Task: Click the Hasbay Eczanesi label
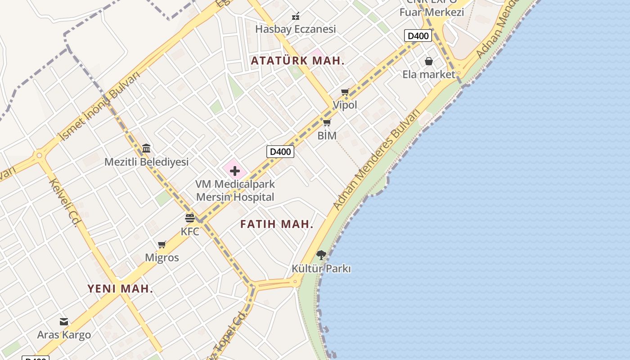click(296, 29)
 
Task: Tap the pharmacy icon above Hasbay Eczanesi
click(296, 16)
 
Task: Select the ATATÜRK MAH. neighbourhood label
click(297, 61)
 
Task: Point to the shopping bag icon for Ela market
click(429, 61)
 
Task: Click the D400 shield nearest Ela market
click(418, 36)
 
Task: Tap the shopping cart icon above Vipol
click(345, 92)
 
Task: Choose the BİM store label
click(327, 135)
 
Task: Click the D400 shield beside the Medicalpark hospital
click(280, 152)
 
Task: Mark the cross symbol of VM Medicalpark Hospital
click(234, 171)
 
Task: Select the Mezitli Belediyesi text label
click(146, 162)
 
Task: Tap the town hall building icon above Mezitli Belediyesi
click(146, 148)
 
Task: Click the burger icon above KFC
click(190, 218)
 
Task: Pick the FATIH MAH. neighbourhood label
click(277, 224)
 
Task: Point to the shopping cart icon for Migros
click(162, 245)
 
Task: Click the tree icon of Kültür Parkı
click(321, 255)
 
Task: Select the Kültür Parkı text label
click(321, 269)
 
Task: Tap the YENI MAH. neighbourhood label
click(120, 289)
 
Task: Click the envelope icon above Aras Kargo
click(64, 322)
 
